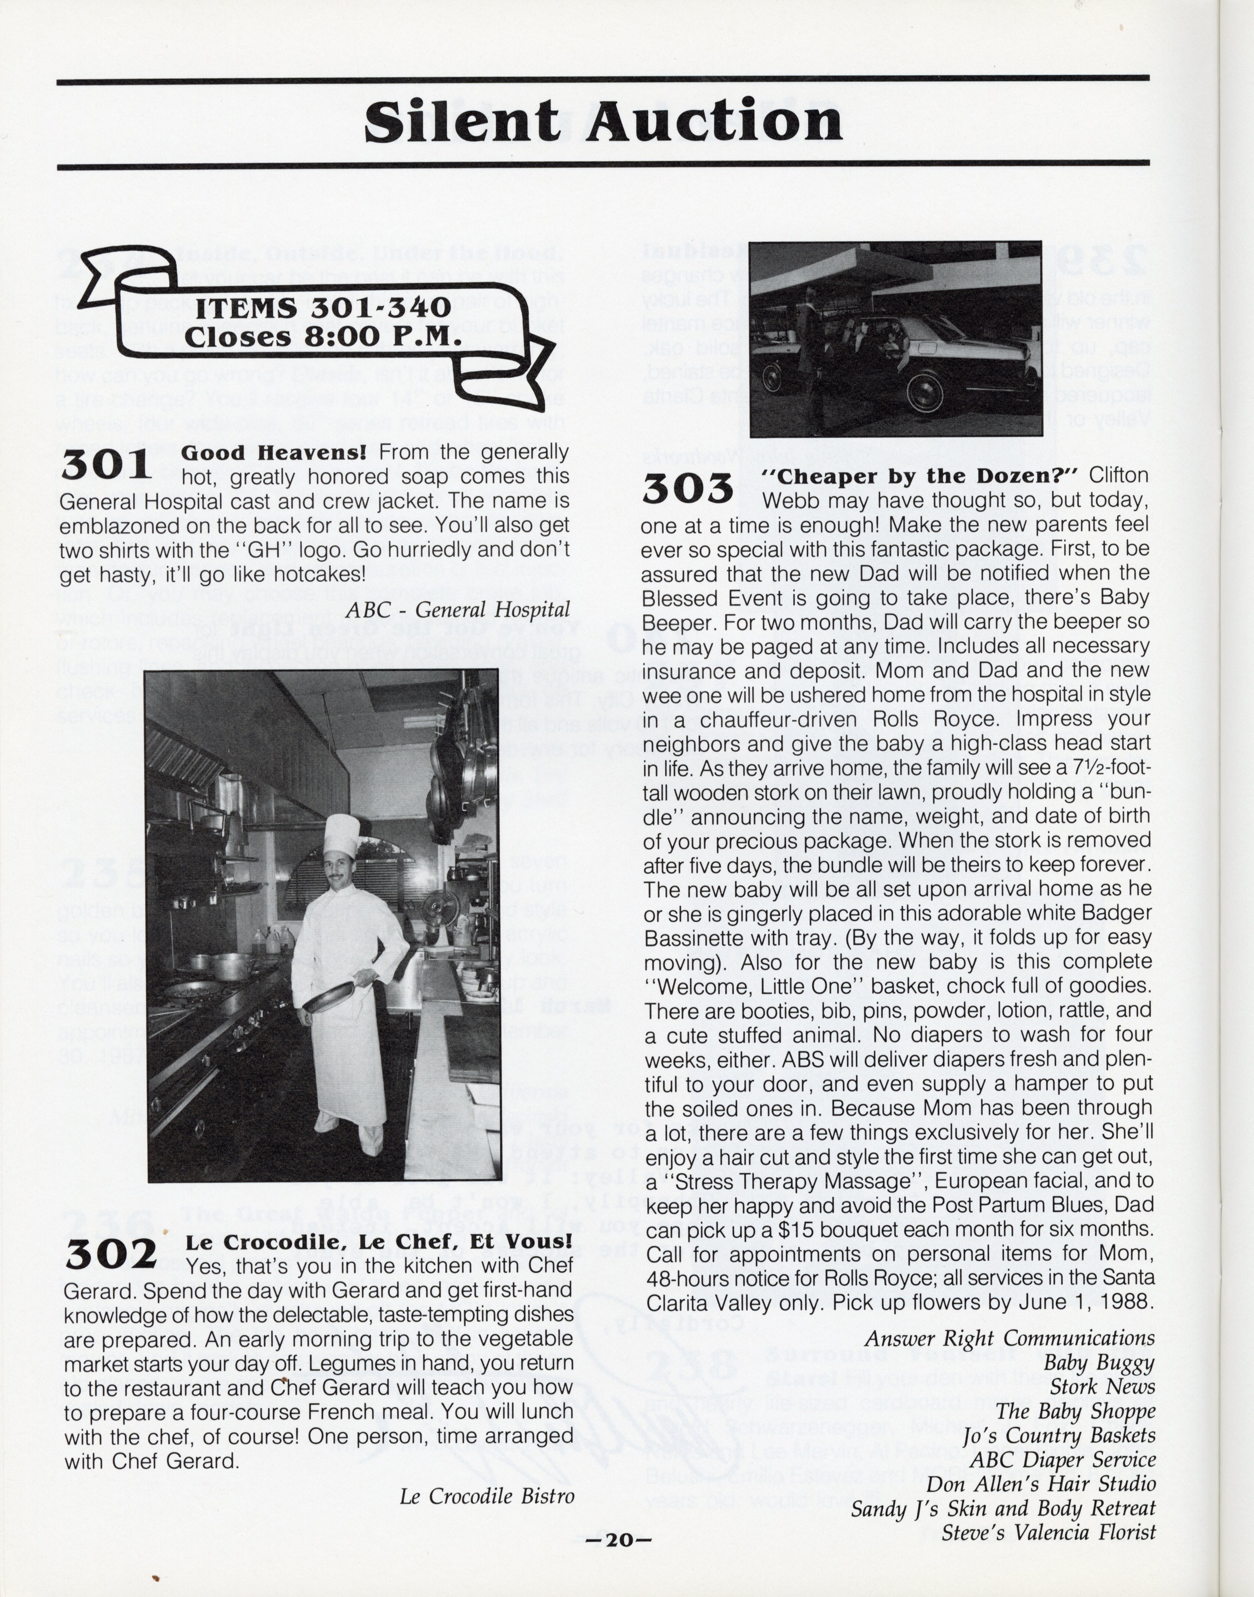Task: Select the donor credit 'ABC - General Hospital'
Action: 457,610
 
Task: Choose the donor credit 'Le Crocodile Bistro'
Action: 487,1496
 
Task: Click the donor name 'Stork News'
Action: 1102,1386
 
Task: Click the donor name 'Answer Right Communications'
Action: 1009,1338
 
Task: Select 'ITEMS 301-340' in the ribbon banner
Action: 323,308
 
